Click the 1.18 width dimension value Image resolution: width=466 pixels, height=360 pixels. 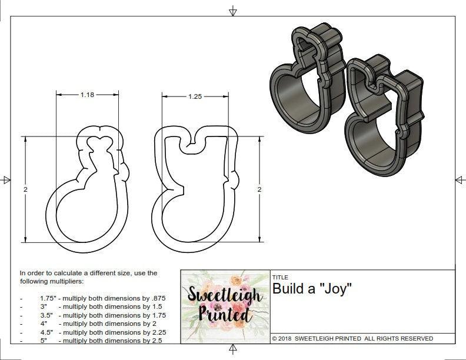click(x=88, y=95)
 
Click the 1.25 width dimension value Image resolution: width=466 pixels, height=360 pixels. click(x=195, y=96)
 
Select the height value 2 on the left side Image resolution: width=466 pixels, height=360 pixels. click(x=25, y=189)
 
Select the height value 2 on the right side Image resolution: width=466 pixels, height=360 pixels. click(x=259, y=189)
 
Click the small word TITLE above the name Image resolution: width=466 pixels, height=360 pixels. click(x=280, y=277)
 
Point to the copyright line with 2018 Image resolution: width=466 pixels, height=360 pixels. click(x=352, y=339)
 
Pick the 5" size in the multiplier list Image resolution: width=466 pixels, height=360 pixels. click(x=45, y=341)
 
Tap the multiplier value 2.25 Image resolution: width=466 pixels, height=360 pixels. click(x=152, y=332)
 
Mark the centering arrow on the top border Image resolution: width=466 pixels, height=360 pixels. click(x=233, y=11)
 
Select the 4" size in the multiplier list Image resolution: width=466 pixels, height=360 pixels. click(x=44, y=324)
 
